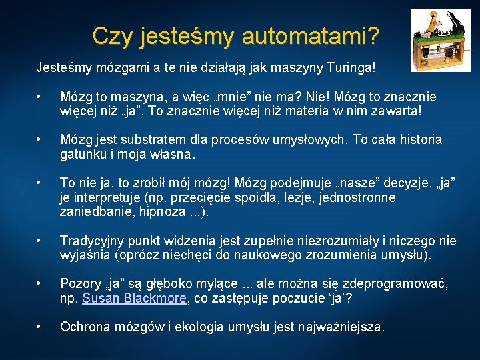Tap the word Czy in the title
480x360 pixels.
(x=110, y=36)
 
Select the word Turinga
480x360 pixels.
(x=351, y=68)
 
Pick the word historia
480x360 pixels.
(x=418, y=140)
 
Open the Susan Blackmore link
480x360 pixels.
(x=134, y=299)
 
